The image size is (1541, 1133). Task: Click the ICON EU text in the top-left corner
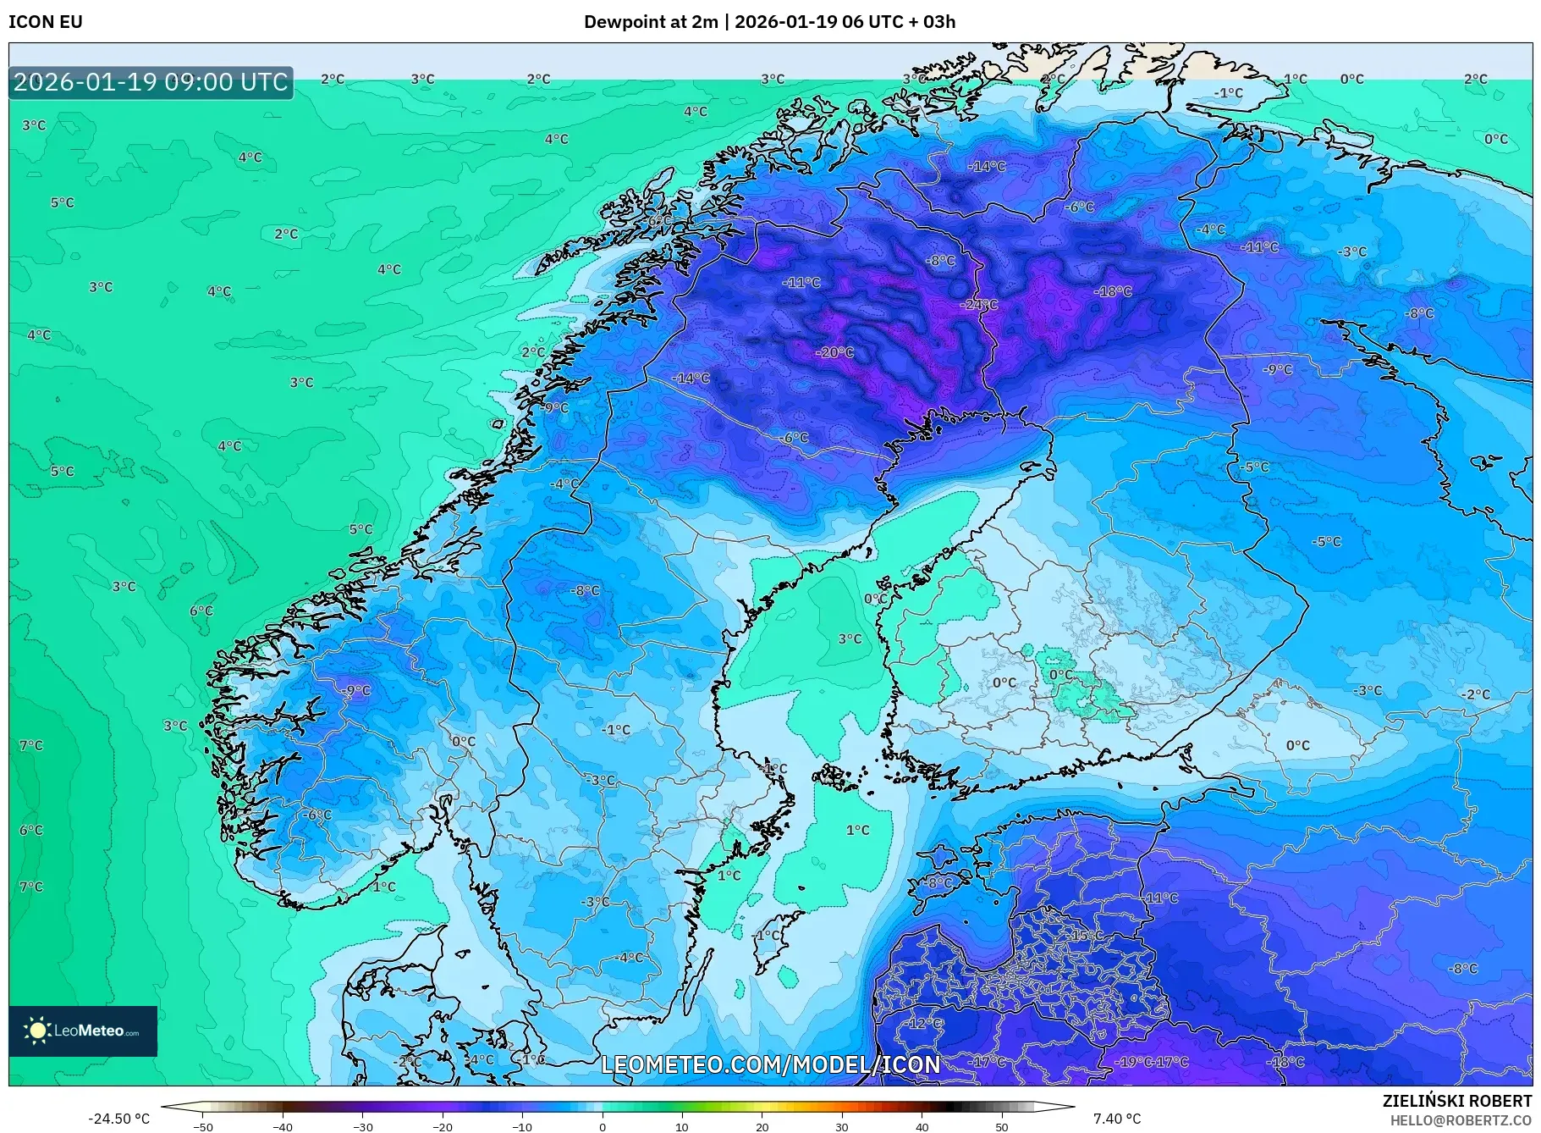pos(46,22)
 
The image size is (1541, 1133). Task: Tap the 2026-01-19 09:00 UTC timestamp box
pos(151,83)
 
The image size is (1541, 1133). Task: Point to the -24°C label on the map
pos(979,304)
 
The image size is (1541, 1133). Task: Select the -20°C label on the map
pos(834,352)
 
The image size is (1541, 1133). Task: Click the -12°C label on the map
pos(924,1023)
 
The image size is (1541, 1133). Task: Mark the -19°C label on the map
pos(1134,1062)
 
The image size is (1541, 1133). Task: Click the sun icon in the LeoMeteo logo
pos(37,1031)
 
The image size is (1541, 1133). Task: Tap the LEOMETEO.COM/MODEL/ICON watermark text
pos(770,1064)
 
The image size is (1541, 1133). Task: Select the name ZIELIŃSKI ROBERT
pos(1456,1101)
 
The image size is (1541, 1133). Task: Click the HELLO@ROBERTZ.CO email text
pos(1461,1120)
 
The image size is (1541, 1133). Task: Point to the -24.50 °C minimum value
pos(118,1119)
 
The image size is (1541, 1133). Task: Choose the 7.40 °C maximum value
pos(1117,1119)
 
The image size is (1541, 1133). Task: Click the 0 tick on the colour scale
pos(603,1126)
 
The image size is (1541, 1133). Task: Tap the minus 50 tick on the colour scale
pos(203,1126)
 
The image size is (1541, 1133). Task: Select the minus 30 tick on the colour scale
pos(362,1126)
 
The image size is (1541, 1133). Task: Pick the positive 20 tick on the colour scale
pos(762,1126)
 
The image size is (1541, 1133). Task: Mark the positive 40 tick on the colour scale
pos(922,1126)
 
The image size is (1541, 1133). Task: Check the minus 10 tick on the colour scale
pos(522,1126)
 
